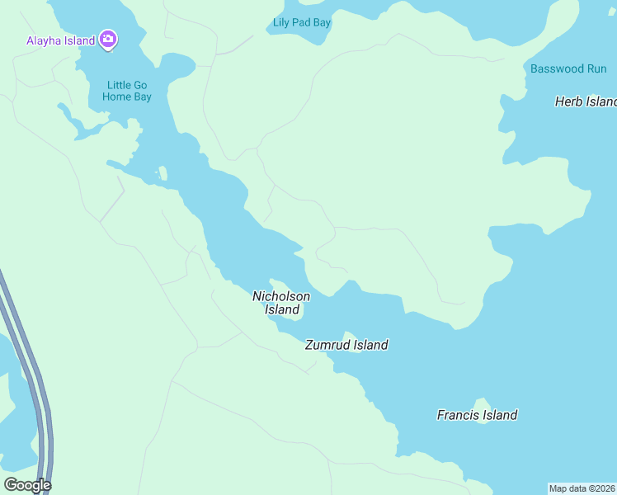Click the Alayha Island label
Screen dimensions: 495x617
click(60, 40)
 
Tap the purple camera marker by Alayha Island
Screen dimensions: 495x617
click(108, 39)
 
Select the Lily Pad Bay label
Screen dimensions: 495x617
click(302, 22)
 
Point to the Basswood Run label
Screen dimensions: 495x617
click(568, 69)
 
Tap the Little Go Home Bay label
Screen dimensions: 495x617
click(127, 90)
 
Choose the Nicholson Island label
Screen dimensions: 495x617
click(281, 303)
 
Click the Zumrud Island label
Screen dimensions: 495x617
click(346, 345)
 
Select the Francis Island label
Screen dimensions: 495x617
click(477, 415)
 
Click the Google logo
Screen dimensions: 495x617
click(27, 485)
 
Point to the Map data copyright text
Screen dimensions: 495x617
click(582, 488)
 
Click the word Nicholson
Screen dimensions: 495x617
click(281, 296)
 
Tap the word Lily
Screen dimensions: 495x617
click(282, 22)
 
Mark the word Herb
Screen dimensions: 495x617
click(568, 101)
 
